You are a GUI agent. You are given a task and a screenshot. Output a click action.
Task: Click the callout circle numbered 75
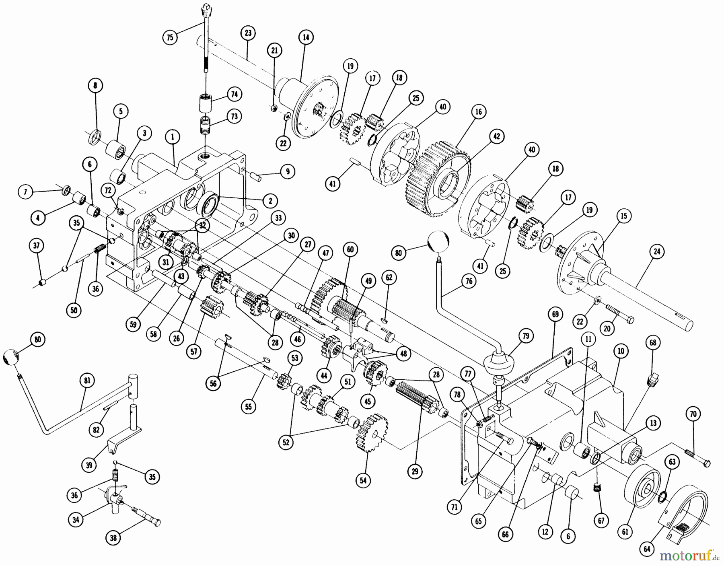pos(170,37)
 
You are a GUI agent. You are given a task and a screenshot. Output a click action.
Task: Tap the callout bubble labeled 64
pos(647,550)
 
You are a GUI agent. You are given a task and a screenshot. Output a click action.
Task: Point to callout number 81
pos(88,381)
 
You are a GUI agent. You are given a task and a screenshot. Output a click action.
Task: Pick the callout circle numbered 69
pos(555,315)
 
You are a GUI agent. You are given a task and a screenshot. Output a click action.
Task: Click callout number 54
pos(363,480)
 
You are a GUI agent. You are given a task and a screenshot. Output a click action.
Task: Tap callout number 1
pos(172,137)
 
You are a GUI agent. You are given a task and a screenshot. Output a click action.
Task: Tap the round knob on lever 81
pos(11,358)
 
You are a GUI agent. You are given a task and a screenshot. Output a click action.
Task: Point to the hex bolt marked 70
pos(700,459)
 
